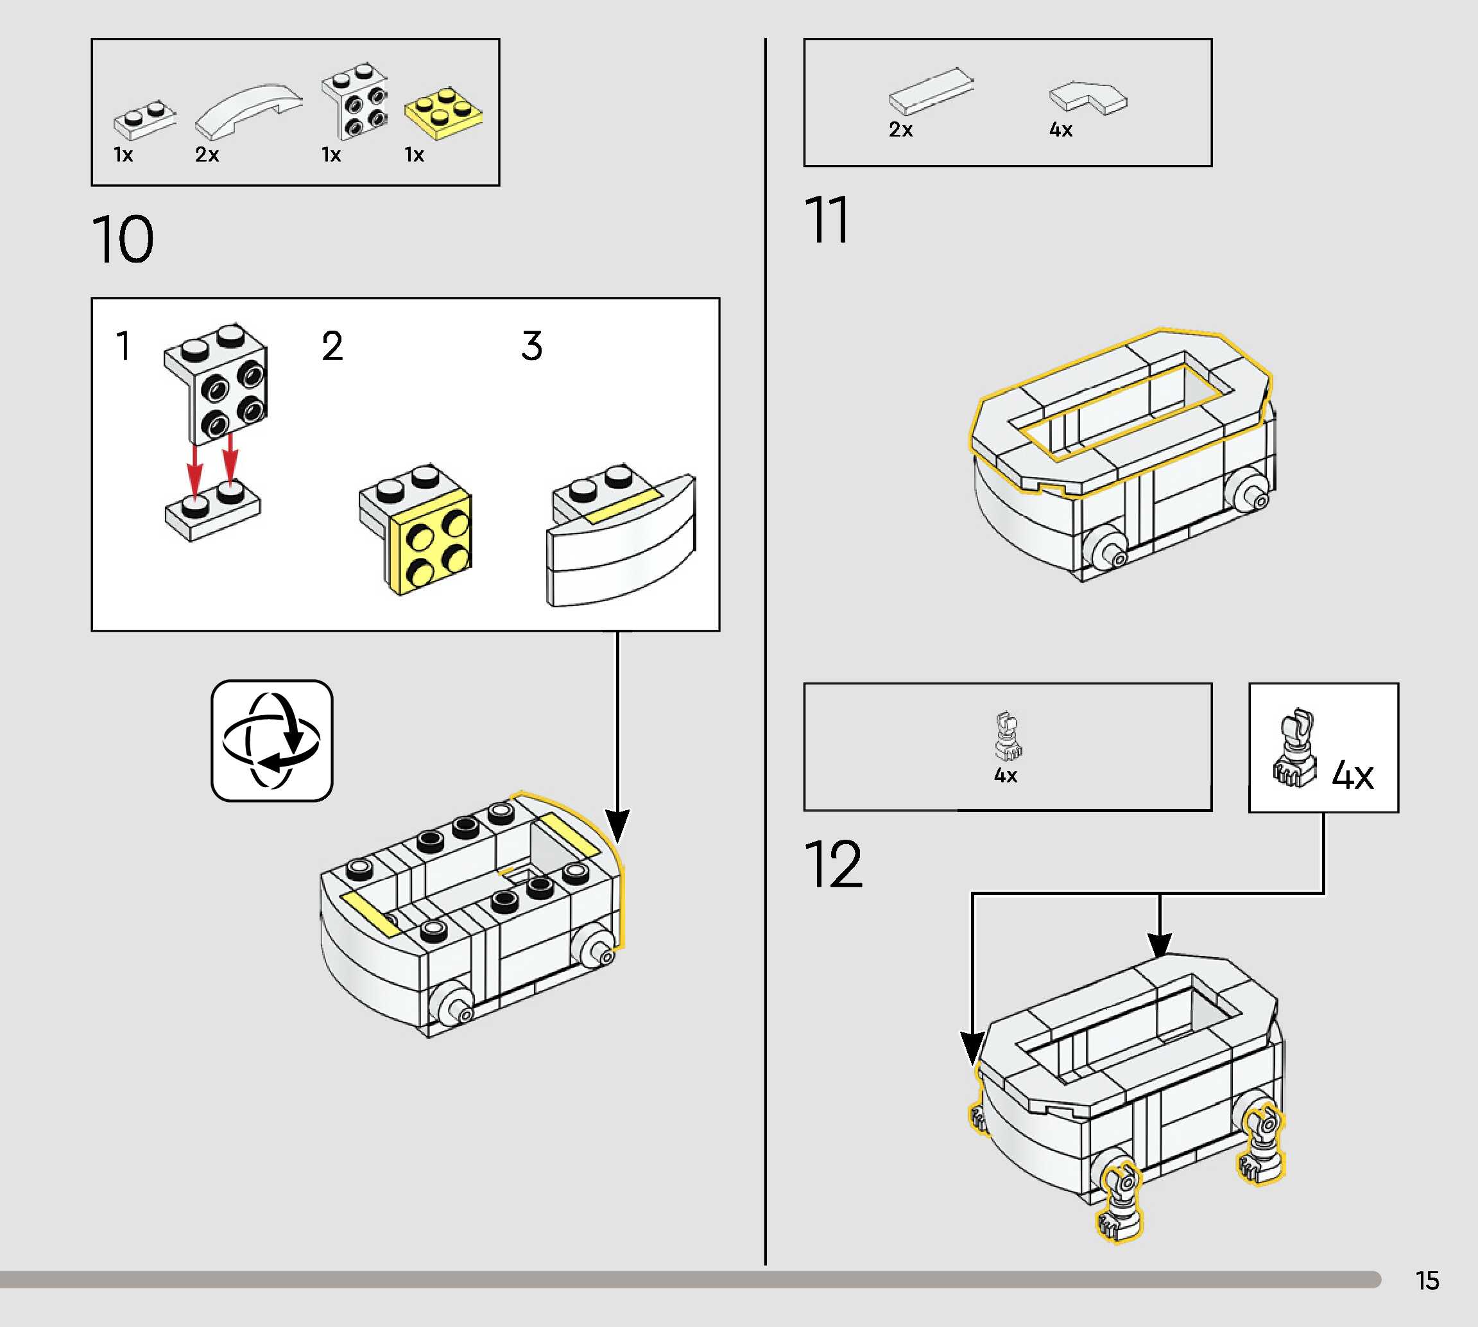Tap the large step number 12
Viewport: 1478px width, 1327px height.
click(x=833, y=865)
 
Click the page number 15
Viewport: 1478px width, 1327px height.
click(x=1427, y=1280)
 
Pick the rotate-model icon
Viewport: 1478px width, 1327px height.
click(x=272, y=741)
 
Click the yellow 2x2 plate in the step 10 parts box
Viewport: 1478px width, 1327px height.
click(x=443, y=112)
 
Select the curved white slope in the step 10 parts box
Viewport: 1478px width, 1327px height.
click(x=248, y=109)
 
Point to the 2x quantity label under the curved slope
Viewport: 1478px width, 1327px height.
click(x=207, y=155)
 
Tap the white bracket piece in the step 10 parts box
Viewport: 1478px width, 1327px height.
click(x=356, y=102)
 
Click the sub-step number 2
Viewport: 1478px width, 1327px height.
click(x=332, y=345)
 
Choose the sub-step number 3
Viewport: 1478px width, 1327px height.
click(x=532, y=345)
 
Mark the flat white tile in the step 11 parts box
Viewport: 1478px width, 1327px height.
click(x=931, y=92)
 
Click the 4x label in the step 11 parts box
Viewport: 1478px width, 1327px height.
click(x=1060, y=130)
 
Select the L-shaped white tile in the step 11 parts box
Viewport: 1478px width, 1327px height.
click(x=1088, y=98)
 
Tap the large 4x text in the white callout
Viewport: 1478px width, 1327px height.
click(x=1352, y=775)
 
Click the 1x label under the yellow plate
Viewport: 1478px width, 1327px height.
click(x=414, y=155)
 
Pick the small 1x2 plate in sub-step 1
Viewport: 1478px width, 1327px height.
click(x=212, y=510)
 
